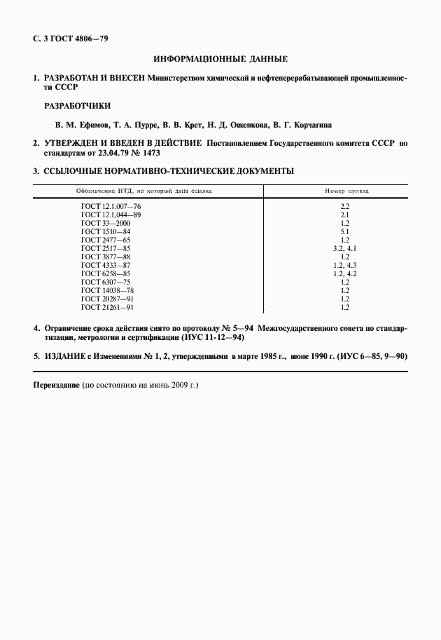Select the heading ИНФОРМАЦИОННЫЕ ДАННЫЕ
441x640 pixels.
click(221, 60)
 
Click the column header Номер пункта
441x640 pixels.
click(346, 190)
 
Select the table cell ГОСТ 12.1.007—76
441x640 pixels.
click(111, 207)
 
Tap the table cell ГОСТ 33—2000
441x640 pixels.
click(105, 224)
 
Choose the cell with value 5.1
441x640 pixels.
click(344, 231)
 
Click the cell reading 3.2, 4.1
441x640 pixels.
click(344, 248)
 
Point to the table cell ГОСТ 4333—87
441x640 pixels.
click(106, 265)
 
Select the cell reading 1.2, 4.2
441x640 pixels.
click(344, 273)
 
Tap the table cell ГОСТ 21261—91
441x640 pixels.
click(107, 307)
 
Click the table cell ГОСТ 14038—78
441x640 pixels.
click(107, 290)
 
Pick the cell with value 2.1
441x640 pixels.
click(344, 215)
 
